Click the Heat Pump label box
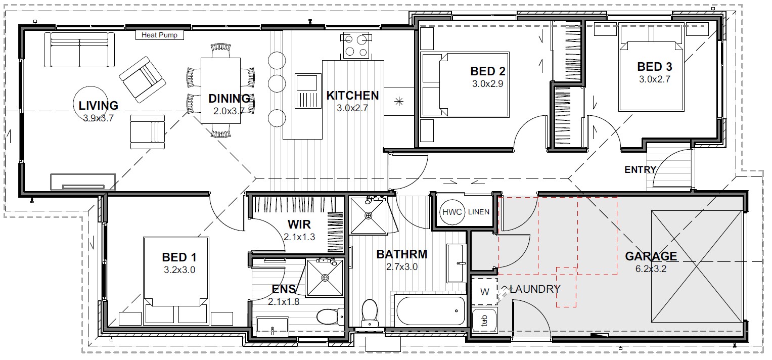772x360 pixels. pyautogui.click(x=159, y=35)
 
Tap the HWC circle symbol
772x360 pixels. pyautogui.click(x=452, y=212)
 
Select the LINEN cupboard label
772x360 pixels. pyautogui.click(x=479, y=212)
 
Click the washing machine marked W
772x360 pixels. pyautogui.click(x=484, y=292)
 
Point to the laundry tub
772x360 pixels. pyautogui.click(x=484, y=321)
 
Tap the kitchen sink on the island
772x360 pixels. pyautogui.click(x=306, y=92)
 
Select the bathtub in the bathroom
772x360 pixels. pyautogui.click(x=430, y=310)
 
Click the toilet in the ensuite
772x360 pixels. pyautogui.click(x=330, y=317)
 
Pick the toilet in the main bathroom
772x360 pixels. pyautogui.click(x=370, y=313)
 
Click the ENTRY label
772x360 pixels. pyautogui.click(x=640, y=170)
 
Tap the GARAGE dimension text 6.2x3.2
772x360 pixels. pyautogui.click(x=651, y=269)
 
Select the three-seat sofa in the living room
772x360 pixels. pyautogui.click(x=79, y=50)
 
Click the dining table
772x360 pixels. pyautogui.click(x=220, y=91)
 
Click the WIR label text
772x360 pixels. pyautogui.click(x=299, y=224)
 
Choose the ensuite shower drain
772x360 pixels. pyautogui.click(x=325, y=278)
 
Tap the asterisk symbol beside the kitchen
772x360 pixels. pyautogui.click(x=399, y=102)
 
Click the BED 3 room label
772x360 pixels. pyautogui.click(x=655, y=67)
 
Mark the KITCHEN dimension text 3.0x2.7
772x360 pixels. pyautogui.click(x=352, y=108)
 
